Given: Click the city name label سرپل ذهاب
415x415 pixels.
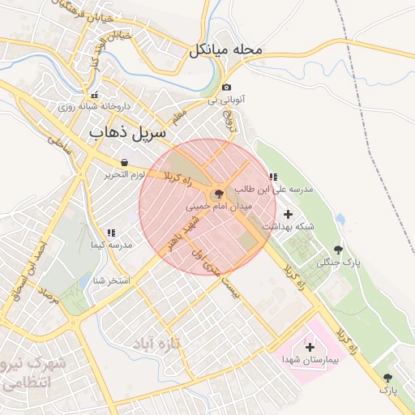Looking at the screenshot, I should point(127,131).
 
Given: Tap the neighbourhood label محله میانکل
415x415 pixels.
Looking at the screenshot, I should point(227,50).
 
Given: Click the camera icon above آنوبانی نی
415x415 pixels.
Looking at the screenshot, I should point(226,88).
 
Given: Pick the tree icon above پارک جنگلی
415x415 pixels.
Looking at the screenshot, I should point(338,250).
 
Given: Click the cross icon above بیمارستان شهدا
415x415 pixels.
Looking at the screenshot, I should point(310,346).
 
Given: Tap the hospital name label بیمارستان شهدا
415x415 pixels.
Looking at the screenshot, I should point(304,358).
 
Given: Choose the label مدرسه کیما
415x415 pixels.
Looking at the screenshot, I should point(113,244).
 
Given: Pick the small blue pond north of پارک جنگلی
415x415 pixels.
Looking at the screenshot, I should point(340,220).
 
